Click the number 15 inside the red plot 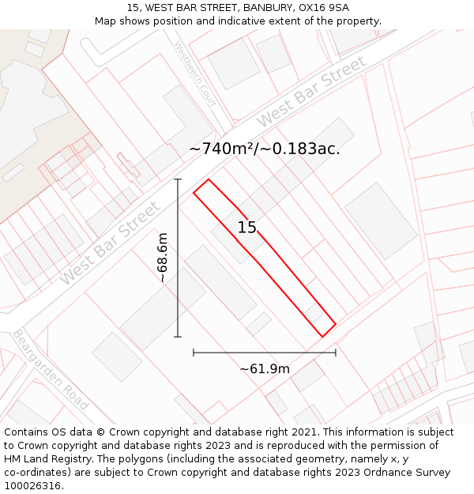247,228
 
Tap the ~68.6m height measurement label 162,258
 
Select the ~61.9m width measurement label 265,368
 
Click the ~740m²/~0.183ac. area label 265,149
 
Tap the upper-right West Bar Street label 312,91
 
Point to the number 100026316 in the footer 32,486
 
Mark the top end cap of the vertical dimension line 178,179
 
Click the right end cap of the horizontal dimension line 336,353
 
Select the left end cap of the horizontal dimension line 194,353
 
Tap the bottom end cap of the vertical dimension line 178,337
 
